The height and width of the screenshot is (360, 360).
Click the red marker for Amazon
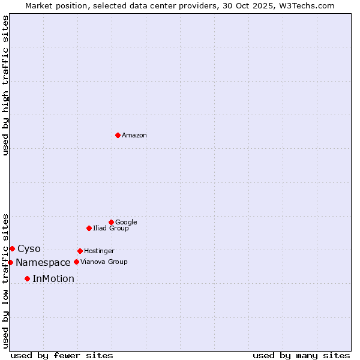[x=118, y=135]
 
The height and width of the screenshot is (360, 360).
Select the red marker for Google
[x=111, y=222]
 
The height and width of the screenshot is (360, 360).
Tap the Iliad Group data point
[x=89, y=228]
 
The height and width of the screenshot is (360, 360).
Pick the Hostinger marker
[x=80, y=251]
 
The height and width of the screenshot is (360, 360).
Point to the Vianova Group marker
[x=76, y=262]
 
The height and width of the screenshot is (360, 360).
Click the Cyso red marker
[x=12, y=248]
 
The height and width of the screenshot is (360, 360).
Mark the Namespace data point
[x=10, y=262]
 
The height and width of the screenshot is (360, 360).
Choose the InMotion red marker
[x=27, y=278]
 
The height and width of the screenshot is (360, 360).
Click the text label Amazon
[x=134, y=136]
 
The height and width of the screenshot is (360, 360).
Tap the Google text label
[x=126, y=223]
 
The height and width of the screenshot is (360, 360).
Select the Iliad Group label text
[x=111, y=229]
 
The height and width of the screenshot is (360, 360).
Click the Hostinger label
[x=99, y=251]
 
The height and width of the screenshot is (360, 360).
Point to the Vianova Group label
[x=104, y=262]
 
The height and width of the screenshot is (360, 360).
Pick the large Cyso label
[x=29, y=249]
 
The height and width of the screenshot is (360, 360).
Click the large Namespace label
[x=43, y=263]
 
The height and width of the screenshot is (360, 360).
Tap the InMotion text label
[x=53, y=279]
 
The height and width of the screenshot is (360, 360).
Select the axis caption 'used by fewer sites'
[x=62, y=356]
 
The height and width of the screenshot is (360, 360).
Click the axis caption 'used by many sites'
[x=301, y=356]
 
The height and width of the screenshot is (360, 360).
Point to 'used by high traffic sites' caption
[x=5, y=85]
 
